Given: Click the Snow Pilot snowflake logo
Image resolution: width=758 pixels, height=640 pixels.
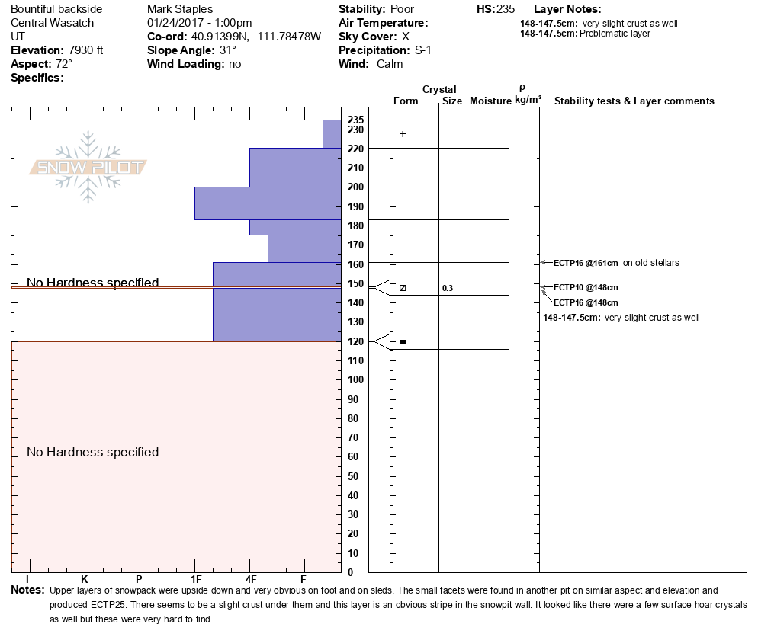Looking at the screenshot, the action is click(x=88, y=167).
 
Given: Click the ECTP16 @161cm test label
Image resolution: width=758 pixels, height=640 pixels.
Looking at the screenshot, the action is click(x=586, y=264).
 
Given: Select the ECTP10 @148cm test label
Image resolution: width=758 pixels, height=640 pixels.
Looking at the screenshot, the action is click(x=586, y=287).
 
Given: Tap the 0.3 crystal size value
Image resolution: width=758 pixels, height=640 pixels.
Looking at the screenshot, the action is click(x=448, y=288).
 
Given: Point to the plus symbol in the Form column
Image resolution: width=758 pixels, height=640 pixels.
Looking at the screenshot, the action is click(x=403, y=134).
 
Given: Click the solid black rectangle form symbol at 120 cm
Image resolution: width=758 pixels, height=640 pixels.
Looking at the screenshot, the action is click(x=403, y=342).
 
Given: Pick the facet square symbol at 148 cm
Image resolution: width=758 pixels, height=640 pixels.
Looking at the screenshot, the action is click(x=403, y=288).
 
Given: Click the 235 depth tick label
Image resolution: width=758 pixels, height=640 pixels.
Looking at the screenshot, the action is click(x=356, y=120).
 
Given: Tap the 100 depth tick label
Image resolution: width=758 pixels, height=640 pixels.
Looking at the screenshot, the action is click(x=356, y=379).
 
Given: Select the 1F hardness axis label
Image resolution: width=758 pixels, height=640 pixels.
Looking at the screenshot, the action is click(x=196, y=579).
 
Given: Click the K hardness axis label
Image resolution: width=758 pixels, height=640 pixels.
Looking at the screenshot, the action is click(x=85, y=579).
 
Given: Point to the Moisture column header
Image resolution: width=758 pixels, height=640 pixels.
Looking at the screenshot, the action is click(x=490, y=101).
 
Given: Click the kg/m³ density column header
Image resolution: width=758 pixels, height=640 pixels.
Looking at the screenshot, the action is click(x=528, y=100).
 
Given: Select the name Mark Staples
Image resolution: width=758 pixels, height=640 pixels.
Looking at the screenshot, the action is click(x=180, y=9).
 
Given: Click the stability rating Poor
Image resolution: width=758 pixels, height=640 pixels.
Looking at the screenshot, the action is click(x=402, y=9).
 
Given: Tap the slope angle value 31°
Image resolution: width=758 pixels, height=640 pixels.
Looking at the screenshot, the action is click(x=228, y=50).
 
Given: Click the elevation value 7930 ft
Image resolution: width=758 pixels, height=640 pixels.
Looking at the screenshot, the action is click(x=86, y=50).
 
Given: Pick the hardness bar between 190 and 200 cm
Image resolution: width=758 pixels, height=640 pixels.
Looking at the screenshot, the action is click(x=268, y=203).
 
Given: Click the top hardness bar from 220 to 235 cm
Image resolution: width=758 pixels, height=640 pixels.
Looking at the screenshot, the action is click(x=332, y=134).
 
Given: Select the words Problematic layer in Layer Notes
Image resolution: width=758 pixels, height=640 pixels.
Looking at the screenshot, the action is click(x=615, y=34).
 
